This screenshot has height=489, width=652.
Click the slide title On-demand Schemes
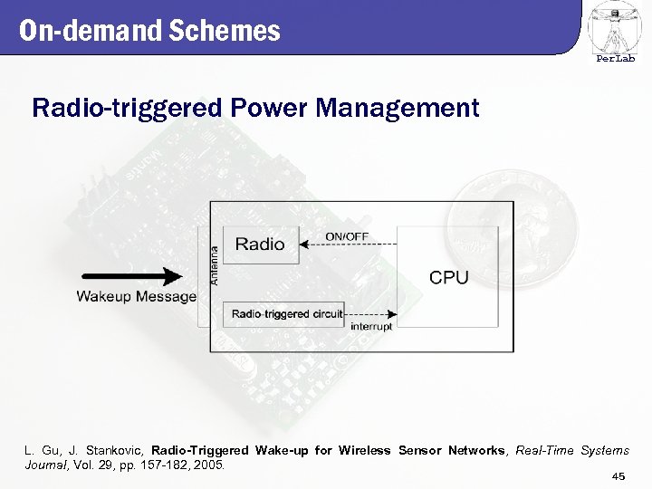pyautogui.click(x=149, y=32)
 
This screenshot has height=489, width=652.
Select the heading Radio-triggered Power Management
pyautogui.click(x=254, y=109)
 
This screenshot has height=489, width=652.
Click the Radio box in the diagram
pyautogui.click(x=260, y=244)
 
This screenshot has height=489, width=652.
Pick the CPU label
pyautogui.click(x=448, y=277)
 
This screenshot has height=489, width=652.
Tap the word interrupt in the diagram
pyautogui.click(x=370, y=326)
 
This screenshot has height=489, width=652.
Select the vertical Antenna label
pyautogui.click(x=215, y=265)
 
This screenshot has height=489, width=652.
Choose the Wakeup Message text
pyautogui.click(x=136, y=296)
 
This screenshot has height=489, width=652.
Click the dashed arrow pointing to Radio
pyautogui.click(x=348, y=243)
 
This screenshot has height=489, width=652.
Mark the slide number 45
pyautogui.click(x=618, y=476)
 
